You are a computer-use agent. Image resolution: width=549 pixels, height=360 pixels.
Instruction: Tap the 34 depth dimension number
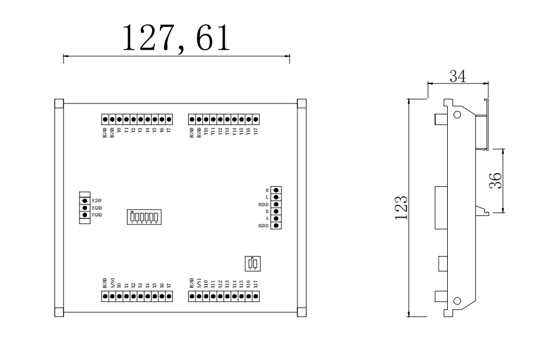pos(457,76)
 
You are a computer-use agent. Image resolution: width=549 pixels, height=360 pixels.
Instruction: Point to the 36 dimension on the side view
pos(495,181)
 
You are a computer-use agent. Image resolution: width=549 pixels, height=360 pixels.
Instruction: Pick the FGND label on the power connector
pos(97,215)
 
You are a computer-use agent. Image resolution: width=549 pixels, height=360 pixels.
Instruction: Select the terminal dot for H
pos(277,190)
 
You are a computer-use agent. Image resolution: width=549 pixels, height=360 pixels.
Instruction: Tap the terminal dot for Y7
pos(169,119)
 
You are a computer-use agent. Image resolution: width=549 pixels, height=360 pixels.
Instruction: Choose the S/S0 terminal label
pos(112,283)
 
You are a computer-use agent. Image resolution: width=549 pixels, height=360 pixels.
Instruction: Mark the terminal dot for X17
pos(256,296)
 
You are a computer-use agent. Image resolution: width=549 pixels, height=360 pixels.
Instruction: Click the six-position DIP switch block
pos(144,217)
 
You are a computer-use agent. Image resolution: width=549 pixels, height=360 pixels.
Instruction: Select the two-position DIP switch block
pos(252,264)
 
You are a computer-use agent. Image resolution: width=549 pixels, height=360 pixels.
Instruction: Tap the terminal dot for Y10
pos(206,119)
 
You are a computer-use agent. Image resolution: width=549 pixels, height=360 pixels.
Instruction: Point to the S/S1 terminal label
pos(198,283)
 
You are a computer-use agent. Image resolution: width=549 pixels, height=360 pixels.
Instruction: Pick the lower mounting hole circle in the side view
pos(457,301)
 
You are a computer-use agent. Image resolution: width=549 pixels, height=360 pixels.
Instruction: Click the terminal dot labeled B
pos(277,211)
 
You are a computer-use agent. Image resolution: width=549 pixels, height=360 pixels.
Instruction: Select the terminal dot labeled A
pos(277,219)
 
